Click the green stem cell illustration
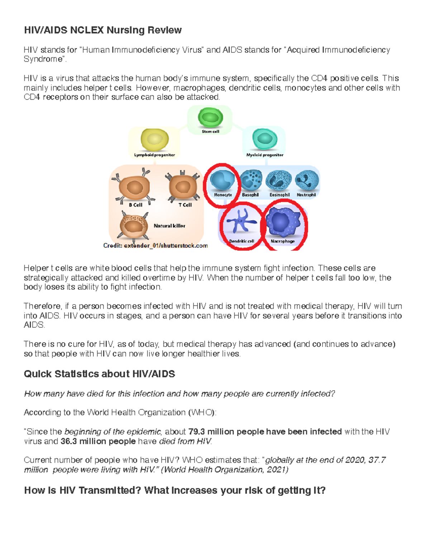coord(210,118)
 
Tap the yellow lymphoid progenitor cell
coord(155,140)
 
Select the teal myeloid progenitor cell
coord(265,139)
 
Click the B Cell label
coord(135,205)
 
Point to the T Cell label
coord(185,205)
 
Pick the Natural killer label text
coord(169,226)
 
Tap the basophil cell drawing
coord(251,180)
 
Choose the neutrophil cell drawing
coord(307,180)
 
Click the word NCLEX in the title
coord(87,30)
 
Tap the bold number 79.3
coord(197,431)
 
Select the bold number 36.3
coord(69,441)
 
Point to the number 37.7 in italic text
coord(377,460)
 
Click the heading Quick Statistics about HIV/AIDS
coord(99,374)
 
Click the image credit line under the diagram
coord(156,246)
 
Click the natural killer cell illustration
coord(134,226)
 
